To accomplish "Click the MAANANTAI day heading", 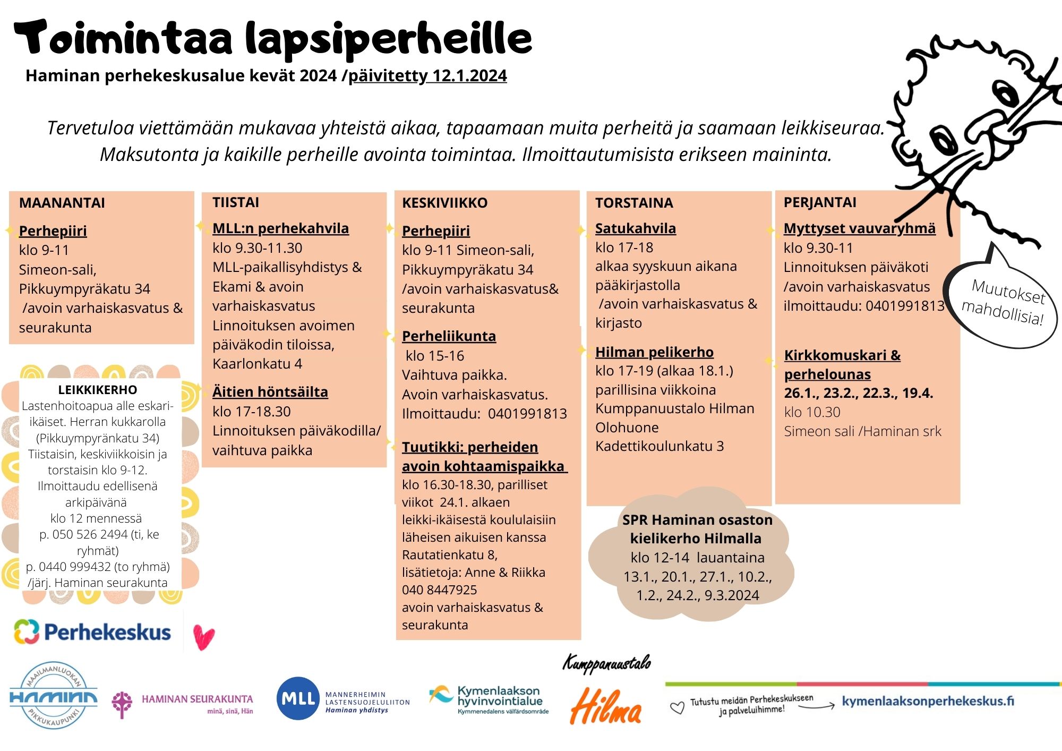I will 62,203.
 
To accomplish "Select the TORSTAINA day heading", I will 634,203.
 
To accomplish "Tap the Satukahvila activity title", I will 635,228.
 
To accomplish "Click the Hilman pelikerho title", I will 654,352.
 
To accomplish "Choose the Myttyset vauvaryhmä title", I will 859,228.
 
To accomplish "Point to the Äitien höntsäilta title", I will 270,392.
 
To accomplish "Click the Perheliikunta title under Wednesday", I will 449,336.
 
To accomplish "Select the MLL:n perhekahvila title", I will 280,228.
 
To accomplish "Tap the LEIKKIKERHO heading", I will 98,390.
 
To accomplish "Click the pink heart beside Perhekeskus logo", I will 203,637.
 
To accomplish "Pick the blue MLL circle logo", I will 298,698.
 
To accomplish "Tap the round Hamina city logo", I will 53,696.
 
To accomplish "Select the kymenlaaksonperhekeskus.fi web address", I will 928,701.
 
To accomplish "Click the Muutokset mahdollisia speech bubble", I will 1002,302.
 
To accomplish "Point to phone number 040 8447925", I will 439,590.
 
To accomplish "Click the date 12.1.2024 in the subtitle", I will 469,76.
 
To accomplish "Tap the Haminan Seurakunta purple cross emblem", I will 122,704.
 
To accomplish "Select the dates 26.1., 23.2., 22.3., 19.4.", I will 858,393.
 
